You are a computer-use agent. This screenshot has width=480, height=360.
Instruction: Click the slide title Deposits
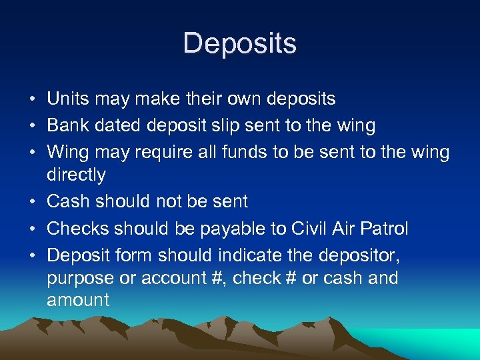[240, 43]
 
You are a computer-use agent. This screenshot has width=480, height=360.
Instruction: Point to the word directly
[76, 175]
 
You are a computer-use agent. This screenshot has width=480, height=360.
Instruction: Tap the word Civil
[309, 229]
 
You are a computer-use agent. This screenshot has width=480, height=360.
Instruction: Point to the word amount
[78, 300]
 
